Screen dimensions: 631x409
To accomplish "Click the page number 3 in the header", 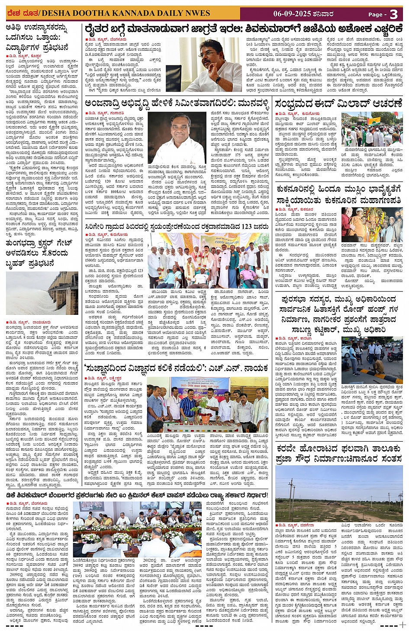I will tap(393, 14).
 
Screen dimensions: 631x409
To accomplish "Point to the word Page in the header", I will tap(376, 15).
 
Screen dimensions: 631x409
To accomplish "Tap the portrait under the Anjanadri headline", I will tap(177, 138).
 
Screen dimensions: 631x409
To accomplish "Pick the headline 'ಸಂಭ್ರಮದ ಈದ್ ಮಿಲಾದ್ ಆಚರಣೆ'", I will tap(338, 104).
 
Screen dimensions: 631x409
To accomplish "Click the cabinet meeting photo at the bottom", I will tap(137, 529).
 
